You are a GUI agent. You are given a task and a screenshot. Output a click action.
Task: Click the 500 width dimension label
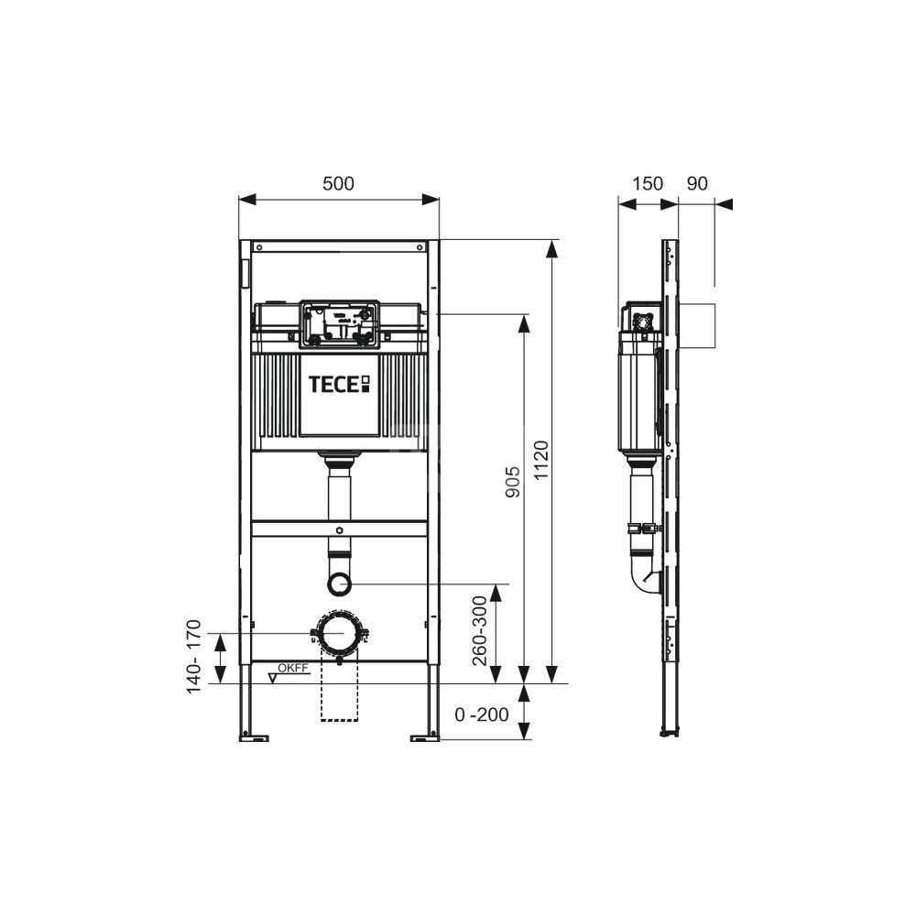tap(338, 183)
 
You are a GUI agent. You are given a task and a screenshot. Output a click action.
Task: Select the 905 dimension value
tap(512, 482)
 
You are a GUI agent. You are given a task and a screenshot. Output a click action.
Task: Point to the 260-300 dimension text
tap(480, 631)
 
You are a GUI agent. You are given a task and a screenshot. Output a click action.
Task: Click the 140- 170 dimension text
tap(193, 657)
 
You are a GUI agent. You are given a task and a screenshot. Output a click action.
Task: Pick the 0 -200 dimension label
tap(482, 714)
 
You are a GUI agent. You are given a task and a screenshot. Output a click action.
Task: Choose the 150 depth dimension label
tap(648, 183)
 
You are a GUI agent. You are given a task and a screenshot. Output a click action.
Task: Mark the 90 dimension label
tap(697, 183)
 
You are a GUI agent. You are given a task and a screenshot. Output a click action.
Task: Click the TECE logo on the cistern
tap(339, 385)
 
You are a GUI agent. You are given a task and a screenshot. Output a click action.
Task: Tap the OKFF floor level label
tap(292, 669)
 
